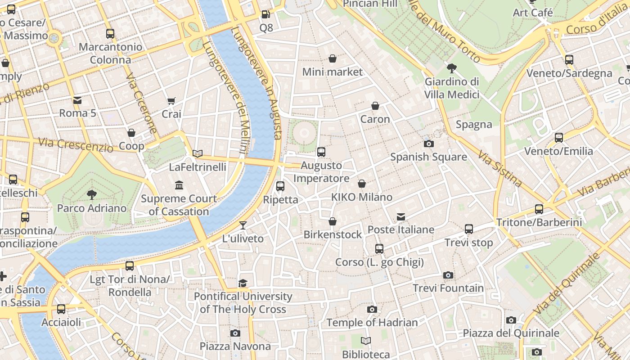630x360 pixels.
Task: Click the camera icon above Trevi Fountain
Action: point(448,275)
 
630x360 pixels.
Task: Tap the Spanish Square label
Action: point(428,157)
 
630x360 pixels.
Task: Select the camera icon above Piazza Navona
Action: point(235,333)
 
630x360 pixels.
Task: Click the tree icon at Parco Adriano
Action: point(92,195)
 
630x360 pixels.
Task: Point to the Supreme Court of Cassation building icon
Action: point(179,185)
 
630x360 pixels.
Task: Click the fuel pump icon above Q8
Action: point(266,14)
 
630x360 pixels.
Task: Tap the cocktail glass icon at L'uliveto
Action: point(243,225)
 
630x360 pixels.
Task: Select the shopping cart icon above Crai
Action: point(171,101)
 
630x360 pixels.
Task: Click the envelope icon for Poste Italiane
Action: point(401,217)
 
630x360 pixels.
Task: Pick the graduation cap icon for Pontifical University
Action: point(243,283)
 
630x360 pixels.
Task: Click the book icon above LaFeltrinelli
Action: point(198,153)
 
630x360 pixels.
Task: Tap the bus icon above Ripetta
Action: point(280,186)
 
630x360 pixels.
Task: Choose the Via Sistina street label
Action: point(500,169)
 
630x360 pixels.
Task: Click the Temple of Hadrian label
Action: point(372,323)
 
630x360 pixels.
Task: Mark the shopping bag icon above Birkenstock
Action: point(333,221)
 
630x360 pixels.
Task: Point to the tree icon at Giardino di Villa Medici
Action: point(452,68)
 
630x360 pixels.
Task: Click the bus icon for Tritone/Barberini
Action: point(539,209)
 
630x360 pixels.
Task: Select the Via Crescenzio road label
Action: point(76,144)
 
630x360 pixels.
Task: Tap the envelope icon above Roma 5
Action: point(77,100)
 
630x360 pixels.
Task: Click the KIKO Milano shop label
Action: point(362,197)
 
